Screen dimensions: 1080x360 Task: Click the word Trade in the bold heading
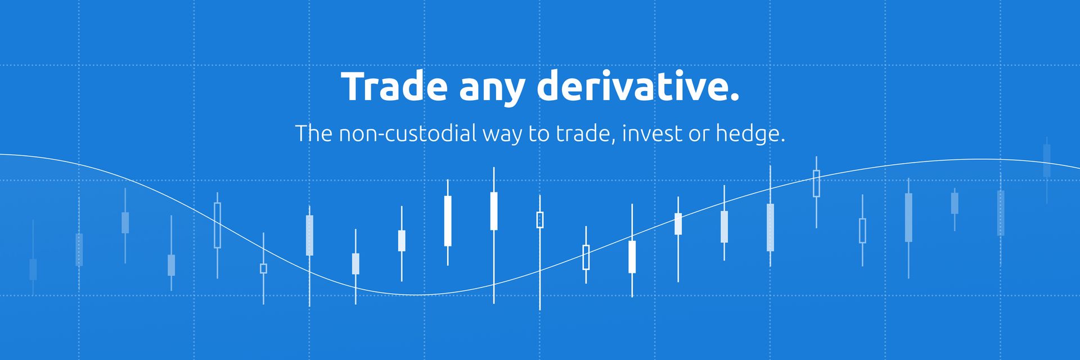tap(394, 87)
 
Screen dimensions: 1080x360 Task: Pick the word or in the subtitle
tap(696, 136)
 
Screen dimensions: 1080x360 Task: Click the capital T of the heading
tap(352, 87)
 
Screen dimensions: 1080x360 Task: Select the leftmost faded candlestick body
tap(33, 269)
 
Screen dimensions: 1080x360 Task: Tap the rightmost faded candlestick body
tap(1047, 161)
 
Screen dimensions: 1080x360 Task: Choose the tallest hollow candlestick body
tap(217, 225)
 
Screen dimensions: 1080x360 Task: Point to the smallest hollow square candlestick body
tap(263, 268)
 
